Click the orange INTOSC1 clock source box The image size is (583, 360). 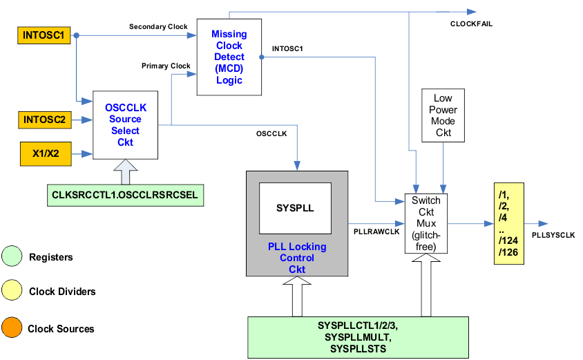[x=44, y=35]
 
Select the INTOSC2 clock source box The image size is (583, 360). [x=44, y=120]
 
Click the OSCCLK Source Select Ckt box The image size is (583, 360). [x=125, y=125]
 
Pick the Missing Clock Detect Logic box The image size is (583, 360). [x=229, y=57]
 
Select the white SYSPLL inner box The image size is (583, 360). [x=294, y=207]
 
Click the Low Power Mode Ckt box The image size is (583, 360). [x=443, y=115]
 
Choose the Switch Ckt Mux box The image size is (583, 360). [x=425, y=223]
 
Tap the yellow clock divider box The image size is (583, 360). [x=509, y=224]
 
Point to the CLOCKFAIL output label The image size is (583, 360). [x=471, y=24]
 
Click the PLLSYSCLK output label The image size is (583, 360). [x=553, y=236]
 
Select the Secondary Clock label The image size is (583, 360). [x=158, y=27]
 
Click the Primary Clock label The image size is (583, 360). [x=166, y=66]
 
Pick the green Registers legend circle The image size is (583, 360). [x=12, y=257]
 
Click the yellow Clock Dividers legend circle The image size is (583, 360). [x=12, y=292]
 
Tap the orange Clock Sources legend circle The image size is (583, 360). [x=12, y=328]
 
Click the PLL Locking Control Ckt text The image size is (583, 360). [x=296, y=258]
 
